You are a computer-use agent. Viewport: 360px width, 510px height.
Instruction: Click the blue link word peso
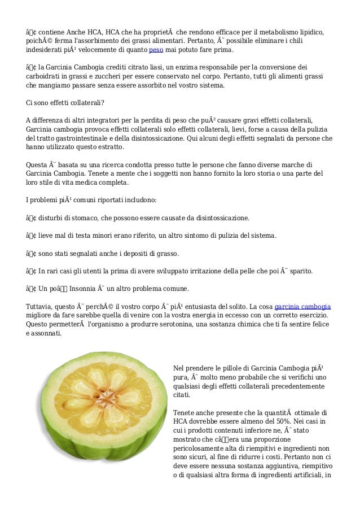[x=156, y=50]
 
